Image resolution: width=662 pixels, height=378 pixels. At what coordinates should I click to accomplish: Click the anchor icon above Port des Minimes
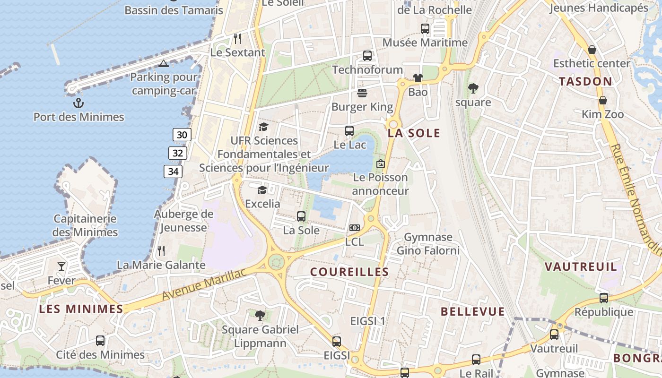[78, 103]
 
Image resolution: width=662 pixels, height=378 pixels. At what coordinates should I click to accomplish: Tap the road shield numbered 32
[178, 153]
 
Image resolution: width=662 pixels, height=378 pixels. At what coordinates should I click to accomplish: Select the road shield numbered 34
[173, 172]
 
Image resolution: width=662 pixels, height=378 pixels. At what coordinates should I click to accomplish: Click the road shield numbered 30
[182, 135]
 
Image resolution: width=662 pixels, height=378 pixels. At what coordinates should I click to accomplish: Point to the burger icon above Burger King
[362, 93]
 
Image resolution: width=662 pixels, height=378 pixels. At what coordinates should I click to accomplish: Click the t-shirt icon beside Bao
[418, 78]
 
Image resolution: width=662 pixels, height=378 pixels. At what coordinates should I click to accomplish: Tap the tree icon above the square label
[472, 88]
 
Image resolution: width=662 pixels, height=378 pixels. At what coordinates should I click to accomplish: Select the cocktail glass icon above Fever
[61, 266]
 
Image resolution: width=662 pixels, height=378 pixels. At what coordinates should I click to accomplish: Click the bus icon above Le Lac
[349, 131]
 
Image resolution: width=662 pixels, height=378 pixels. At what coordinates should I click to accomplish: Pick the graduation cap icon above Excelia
[262, 190]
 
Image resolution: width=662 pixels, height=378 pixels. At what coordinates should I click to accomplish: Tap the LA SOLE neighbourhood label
[414, 133]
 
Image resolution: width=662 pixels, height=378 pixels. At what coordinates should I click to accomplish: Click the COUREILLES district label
[349, 272]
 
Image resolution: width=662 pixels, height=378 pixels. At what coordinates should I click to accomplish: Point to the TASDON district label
[585, 81]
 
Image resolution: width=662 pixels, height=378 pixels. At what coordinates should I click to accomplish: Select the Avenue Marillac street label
[204, 284]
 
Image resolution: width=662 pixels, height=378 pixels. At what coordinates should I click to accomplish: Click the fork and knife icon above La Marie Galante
[161, 251]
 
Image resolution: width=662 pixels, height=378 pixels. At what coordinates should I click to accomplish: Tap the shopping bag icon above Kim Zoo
[603, 100]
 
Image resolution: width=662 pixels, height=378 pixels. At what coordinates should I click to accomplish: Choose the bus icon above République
[604, 298]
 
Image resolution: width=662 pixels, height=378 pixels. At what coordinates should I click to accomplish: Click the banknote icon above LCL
[355, 228]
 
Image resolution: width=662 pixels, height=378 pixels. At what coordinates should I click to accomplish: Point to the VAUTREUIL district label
[581, 266]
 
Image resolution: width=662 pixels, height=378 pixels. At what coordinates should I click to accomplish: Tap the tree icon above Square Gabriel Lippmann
[260, 315]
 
